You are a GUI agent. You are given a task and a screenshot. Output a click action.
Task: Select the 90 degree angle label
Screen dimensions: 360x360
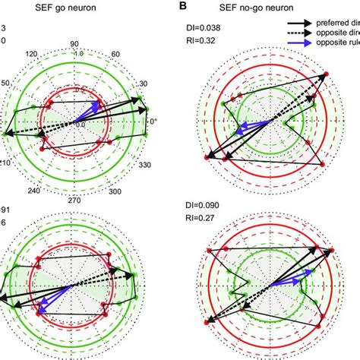[x=74, y=44]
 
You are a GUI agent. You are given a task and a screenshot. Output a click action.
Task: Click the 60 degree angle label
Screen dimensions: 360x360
[x=115, y=55]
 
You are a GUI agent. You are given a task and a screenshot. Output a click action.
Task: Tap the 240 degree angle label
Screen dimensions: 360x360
[x=31, y=191]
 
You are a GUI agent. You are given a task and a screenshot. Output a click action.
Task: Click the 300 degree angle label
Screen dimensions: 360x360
[x=115, y=192]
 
